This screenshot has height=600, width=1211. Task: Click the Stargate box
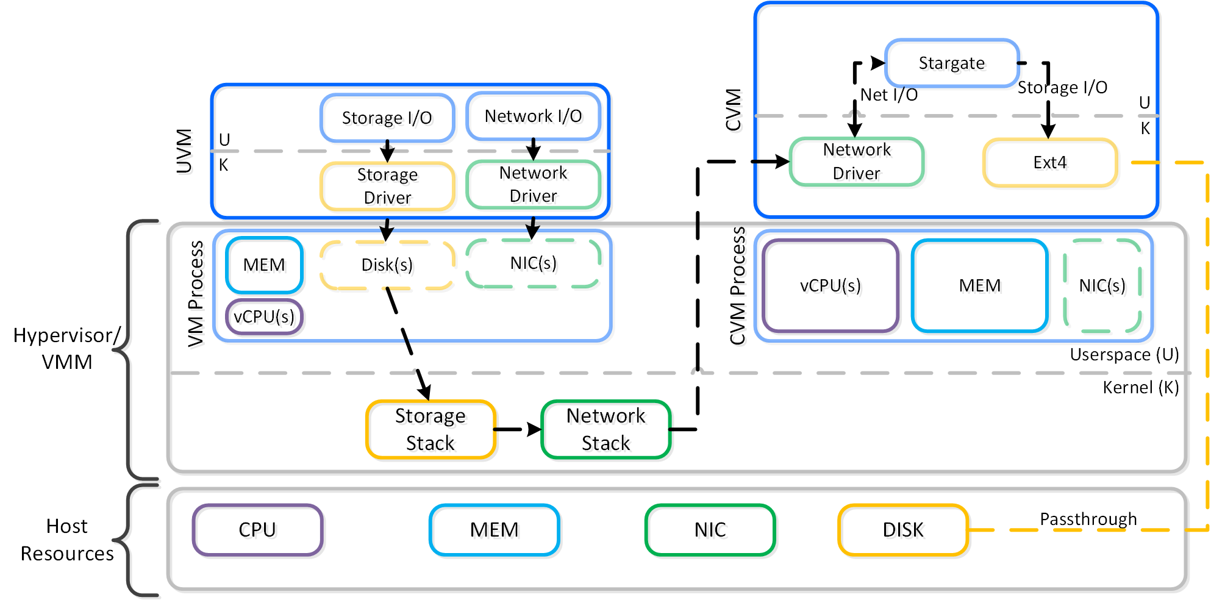[x=952, y=63]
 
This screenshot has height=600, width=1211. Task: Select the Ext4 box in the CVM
[x=1050, y=162]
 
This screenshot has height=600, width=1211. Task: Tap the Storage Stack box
[x=430, y=429]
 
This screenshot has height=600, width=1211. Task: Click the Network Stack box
[x=605, y=429]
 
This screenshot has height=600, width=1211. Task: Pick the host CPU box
[x=257, y=530]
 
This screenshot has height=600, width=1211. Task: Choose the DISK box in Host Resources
[x=903, y=530]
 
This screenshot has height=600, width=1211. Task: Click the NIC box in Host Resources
[x=710, y=530]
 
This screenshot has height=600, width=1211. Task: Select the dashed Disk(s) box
[x=387, y=265]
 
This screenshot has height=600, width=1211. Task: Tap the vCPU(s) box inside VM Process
[x=264, y=316]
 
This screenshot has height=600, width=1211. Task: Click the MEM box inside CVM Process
[x=980, y=285]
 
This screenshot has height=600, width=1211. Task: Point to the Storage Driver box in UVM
[x=387, y=186]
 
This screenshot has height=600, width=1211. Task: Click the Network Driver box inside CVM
[x=857, y=162]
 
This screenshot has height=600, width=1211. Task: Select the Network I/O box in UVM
[x=533, y=116]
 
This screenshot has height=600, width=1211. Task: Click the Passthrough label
[x=1088, y=519]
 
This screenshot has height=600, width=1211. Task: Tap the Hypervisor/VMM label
[x=67, y=349]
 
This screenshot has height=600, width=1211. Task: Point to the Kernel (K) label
[x=1140, y=388]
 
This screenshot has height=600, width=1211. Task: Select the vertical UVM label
[x=184, y=151]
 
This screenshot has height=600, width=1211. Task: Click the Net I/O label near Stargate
[x=888, y=95]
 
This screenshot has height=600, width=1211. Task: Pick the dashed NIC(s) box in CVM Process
[x=1102, y=285]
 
